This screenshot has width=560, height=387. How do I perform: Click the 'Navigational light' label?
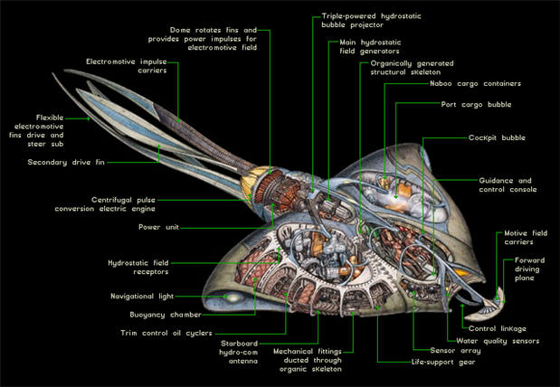click(x=142, y=296)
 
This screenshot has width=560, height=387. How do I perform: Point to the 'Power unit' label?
click(x=157, y=227)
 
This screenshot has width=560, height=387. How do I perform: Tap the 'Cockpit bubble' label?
click(x=497, y=138)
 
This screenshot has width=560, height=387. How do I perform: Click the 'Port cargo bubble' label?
click(x=476, y=105)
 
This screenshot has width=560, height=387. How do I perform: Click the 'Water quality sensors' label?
click(x=498, y=341)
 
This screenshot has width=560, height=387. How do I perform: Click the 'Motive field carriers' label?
click(x=525, y=238)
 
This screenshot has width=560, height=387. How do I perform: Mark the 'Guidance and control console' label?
click(x=508, y=185)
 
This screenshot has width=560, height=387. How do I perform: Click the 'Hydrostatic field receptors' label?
click(x=138, y=267)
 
